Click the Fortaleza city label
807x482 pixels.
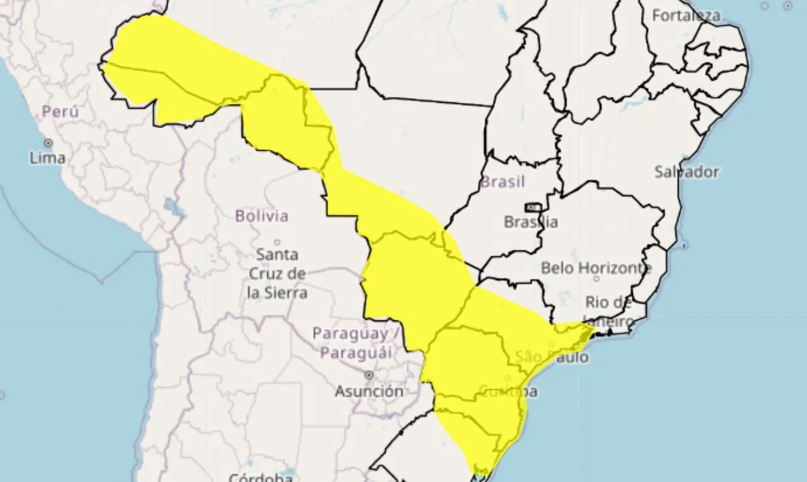(x=686, y=16)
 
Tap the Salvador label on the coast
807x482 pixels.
(x=686, y=172)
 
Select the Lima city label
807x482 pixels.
(x=47, y=158)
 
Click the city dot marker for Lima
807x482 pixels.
(x=48, y=143)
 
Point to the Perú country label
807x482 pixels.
(x=61, y=112)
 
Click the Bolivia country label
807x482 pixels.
(x=262, y=216)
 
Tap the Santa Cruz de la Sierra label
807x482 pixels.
(x=277, y=274)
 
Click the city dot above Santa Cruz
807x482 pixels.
(x=277, y=242)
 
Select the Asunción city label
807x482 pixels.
(x=369, y=391)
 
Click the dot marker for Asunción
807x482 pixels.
(x=369, y=375)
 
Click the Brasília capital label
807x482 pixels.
(x=531, y=222)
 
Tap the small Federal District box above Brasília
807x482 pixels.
(x=533, y=207)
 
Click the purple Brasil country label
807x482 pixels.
(x=502, y=182)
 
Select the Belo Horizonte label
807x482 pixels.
(x=596, y=268)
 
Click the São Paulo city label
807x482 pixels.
(x=552, y=357)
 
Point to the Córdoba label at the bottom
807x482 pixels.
(x=260, y=477)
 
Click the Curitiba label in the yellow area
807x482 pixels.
(x=509, y=392)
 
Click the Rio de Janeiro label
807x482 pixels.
(x=608, y=312)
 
